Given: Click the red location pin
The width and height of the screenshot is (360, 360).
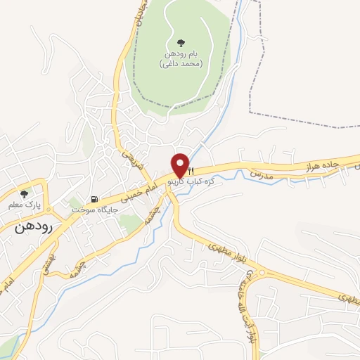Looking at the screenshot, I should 180,165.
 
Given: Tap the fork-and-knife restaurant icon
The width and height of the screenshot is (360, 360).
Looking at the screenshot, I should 189,171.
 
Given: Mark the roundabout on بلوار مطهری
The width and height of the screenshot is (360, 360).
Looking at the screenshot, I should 262,273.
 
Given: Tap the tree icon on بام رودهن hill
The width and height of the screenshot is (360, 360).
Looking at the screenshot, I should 181,43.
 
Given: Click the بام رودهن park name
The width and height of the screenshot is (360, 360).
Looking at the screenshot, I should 181,55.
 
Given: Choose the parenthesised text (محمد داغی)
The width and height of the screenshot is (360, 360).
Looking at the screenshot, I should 181,64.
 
